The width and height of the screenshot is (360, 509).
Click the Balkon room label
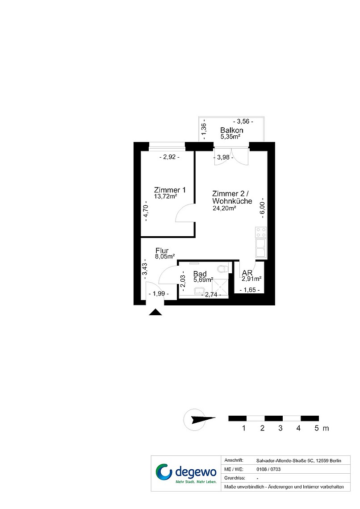click(x=231, y=130)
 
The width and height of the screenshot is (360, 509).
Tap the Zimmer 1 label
click(x=170, y=190)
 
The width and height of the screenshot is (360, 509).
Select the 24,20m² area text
click(x=224, y=208)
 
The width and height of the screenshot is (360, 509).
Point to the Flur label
click(x=162, y=250)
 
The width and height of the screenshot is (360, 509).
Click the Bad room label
click(x=200, y=274)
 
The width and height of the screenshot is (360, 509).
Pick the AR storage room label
click(x=247, y=273)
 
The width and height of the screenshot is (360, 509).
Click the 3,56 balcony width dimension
click(x=243, y=121)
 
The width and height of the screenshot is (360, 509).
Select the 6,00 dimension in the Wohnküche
click(x=262, y=208)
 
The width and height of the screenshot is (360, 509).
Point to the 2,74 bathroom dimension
click(x=211, y=295)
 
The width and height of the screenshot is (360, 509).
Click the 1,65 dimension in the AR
click(x=250, y=290)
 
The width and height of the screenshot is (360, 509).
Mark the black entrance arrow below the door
click(x=155, y=312)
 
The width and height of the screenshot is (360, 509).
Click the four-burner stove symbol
click(x=261, y=233)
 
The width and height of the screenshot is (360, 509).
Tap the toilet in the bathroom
click(x=223, y=269)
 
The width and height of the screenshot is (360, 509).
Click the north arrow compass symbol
click(x=199, y=419)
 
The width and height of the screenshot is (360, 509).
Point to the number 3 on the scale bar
click(x=280, y=428)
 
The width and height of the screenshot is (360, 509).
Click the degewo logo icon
click(x=164, y=472)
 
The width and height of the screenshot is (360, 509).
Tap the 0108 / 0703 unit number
click(x=268, y=469)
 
